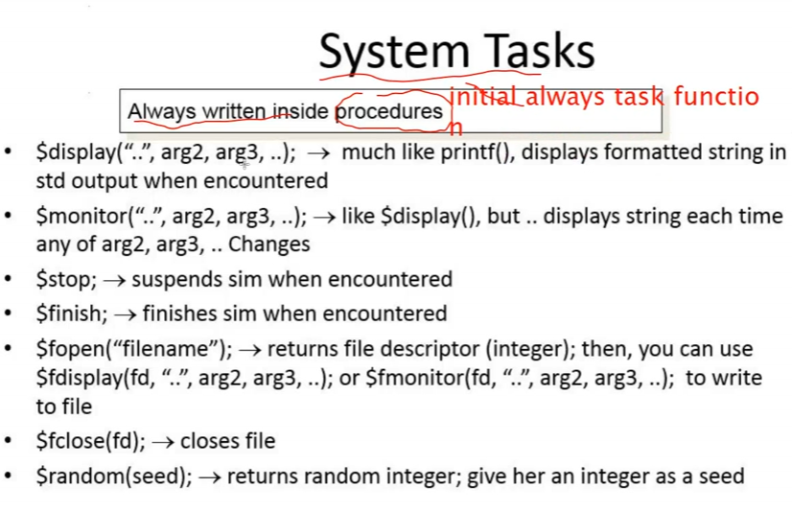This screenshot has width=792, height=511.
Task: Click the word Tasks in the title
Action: (540, 51)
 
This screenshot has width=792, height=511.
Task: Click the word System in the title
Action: (394, 52)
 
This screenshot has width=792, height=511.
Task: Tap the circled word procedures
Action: (389, 111)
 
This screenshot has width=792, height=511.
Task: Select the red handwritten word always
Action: (564, 98)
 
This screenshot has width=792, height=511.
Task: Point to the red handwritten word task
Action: (638, 96)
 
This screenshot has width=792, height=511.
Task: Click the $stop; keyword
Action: (66, 279)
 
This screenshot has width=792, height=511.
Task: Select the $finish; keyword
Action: (72, 314)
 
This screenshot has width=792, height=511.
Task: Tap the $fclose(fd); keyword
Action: (90, 441)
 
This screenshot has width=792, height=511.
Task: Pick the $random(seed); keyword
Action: (114, 476)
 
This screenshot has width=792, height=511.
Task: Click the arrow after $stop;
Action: (114, 280)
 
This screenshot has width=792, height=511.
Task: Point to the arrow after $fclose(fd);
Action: (163, 442)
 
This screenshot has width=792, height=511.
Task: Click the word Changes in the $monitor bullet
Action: (269, 244)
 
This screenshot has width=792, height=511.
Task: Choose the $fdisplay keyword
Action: (80, 378)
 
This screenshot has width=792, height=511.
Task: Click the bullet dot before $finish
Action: (8, 314)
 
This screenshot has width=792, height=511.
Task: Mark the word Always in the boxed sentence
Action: (162, 111)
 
